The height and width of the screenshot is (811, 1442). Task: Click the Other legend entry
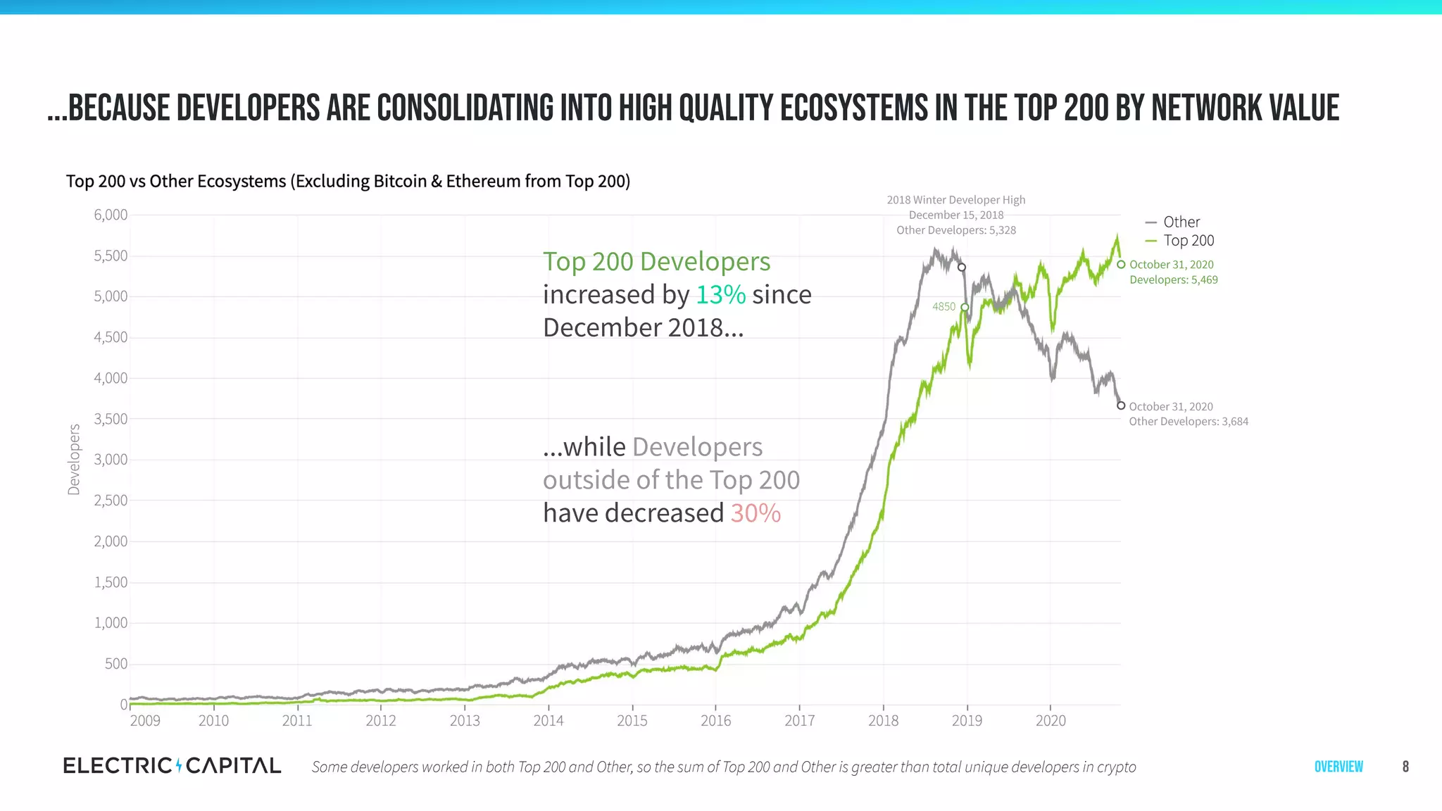click(1181, 222)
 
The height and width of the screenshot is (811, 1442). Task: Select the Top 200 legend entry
click(1188, 241)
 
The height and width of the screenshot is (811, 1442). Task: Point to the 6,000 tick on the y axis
click(111, 215)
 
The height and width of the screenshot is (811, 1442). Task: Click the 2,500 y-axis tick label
click(111, 501)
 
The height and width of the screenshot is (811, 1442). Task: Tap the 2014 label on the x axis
click(548, 720)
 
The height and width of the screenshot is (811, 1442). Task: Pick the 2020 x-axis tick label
click(1051, 720)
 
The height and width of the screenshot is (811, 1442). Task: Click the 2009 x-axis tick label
click(145, 720)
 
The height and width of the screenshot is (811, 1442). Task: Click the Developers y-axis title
click(74, 460)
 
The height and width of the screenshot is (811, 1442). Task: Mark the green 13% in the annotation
click(720, 294)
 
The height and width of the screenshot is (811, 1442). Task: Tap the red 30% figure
click(756, 513)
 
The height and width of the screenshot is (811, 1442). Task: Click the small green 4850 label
click(943, 306)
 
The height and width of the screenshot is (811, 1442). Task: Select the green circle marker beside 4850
click(965, 308)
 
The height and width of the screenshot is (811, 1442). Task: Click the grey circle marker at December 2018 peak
click(962, 268)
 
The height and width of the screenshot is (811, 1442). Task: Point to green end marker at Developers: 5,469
click(1121, 265)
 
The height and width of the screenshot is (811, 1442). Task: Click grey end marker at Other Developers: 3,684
click(1121, 405)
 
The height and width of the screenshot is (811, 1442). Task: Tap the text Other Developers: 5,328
click(955, 230)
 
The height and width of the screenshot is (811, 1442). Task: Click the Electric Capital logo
click(172, 766)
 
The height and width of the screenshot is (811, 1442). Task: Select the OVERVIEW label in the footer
click(1338, 767)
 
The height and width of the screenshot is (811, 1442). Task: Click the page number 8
click(1405, 767)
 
